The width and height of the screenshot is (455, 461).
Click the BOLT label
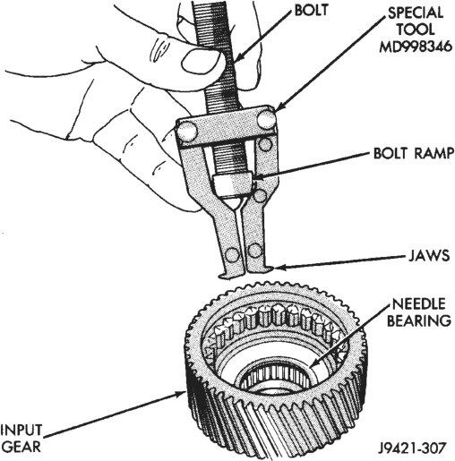311,10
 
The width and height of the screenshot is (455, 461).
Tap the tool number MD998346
416,47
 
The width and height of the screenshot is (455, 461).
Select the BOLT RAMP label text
414,153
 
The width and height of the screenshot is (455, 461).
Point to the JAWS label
429,256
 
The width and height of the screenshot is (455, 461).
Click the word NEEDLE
418,303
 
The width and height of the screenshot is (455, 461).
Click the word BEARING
419,320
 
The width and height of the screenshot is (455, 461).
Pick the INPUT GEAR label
21,439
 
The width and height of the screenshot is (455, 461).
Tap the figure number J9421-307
412,448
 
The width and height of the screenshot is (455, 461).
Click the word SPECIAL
416,13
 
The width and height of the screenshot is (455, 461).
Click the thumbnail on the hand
200,62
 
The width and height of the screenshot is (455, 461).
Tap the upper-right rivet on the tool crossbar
266,118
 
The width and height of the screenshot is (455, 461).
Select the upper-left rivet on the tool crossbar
186,132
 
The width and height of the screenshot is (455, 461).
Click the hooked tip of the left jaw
224,275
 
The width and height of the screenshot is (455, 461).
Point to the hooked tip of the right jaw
268,269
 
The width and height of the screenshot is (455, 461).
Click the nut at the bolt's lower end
232,186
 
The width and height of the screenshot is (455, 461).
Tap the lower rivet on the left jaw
232,254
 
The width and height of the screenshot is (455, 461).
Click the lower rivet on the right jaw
254,250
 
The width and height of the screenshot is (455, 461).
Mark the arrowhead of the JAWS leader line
279,267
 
